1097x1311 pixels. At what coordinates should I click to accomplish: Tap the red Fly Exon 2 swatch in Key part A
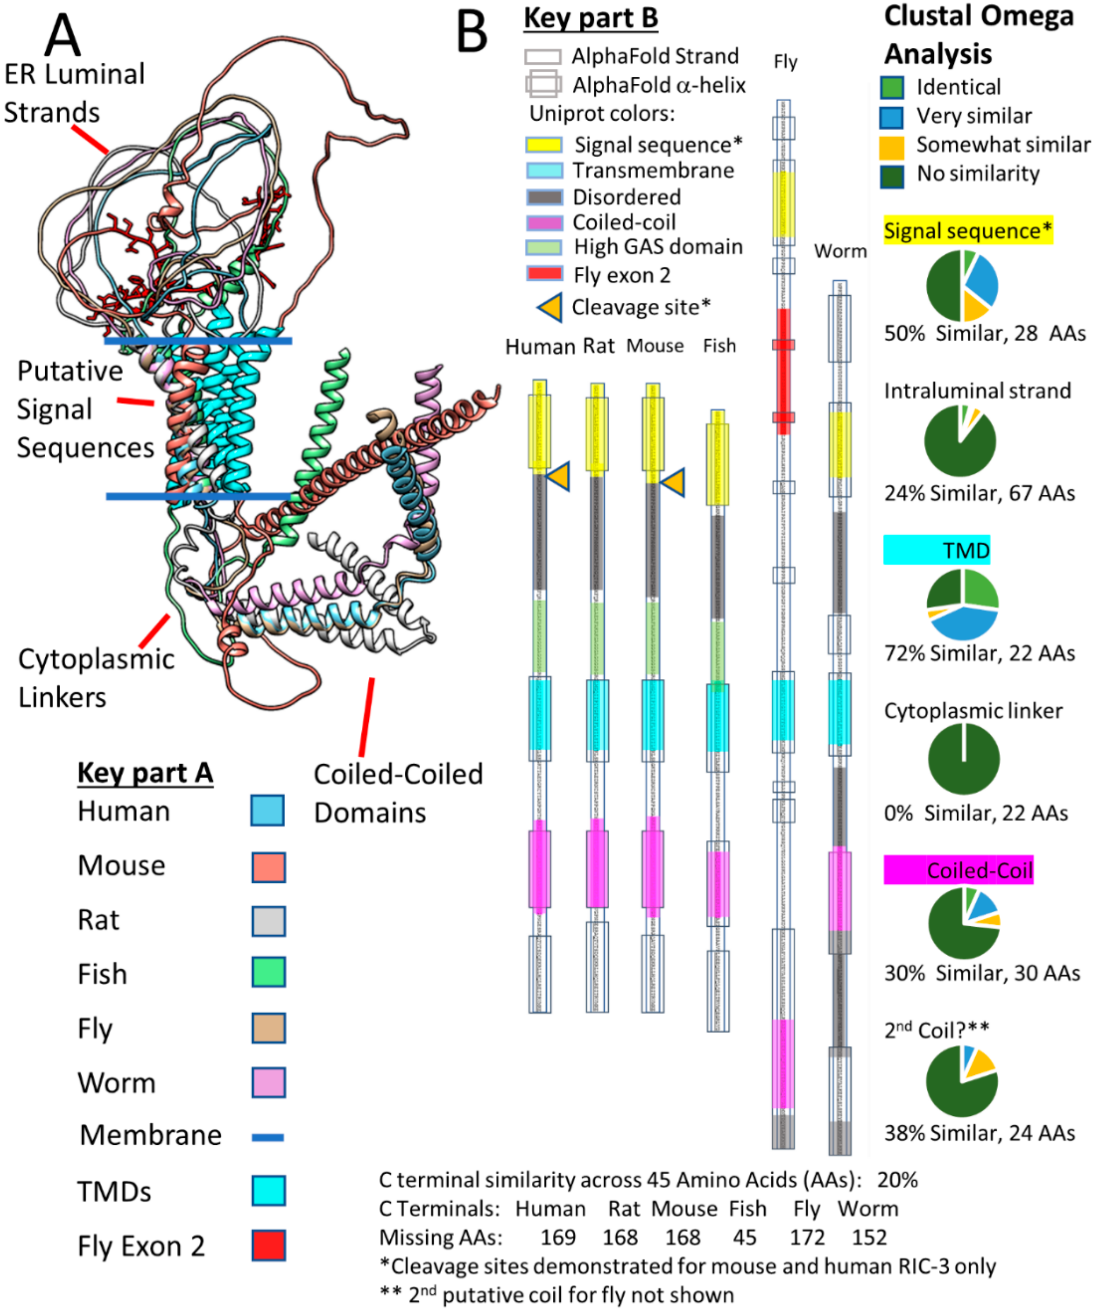coord(268,1245)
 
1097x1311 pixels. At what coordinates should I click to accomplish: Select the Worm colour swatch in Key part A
coord(268,1082)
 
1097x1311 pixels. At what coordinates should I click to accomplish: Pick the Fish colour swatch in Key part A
coord(268,972)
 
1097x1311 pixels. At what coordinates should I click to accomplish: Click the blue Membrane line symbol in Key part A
coord(268,1137)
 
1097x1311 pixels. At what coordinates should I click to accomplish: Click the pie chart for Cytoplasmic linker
coord(963,758)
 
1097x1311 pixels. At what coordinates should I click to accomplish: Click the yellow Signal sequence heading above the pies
coord(968,230)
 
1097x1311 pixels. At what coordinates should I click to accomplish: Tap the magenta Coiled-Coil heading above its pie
coord(958,869)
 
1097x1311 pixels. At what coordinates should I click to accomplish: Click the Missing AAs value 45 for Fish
coord(744,1237)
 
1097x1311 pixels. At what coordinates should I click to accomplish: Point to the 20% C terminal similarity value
coord(897,1179)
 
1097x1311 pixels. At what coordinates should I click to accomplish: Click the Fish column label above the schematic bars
coord(719,346)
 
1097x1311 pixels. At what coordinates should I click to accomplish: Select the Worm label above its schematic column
coord(840,251)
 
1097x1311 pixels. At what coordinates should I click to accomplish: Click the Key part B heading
coord(591,19)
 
